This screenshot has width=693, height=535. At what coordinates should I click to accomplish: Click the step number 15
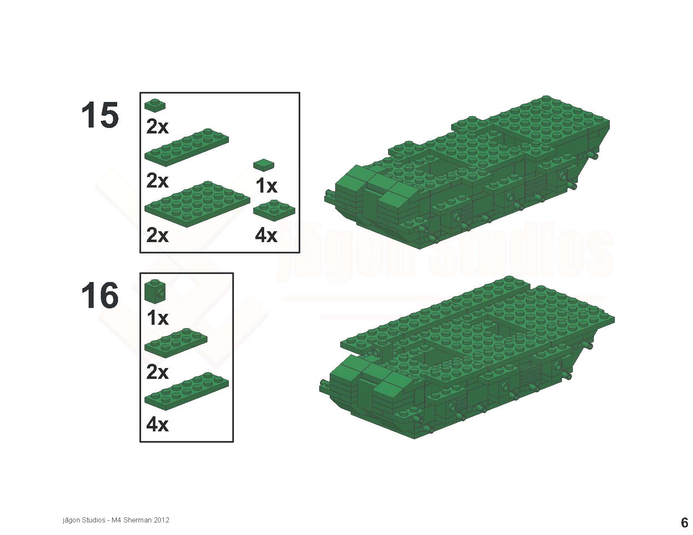click(x=100, y=115)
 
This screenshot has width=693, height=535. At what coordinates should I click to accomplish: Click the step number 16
click(x=100, y=295)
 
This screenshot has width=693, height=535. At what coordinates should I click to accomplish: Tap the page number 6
click(x=684, y=522)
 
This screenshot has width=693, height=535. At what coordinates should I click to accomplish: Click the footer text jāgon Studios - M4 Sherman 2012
click(x=116, y=520)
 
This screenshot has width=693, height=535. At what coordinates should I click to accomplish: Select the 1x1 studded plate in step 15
click(x=155, y=105)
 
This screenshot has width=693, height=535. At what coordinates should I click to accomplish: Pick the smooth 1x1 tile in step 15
click(x=264, y=164)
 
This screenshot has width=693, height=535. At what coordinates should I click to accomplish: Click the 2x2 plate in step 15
click(x=274, y=210)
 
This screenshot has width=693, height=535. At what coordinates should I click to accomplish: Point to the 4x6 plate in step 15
click(x=197, y=204)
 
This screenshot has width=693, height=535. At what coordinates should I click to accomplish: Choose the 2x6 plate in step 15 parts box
click(x=186, y=147)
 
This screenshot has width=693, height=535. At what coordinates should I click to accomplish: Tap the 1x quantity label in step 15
click(x=267, y=185)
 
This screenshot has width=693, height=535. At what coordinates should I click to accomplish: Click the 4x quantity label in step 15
click(x=266, y=236)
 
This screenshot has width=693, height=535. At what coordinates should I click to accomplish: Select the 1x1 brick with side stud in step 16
click(x=155, y=290)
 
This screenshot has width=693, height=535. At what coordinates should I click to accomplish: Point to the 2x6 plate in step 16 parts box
click(x=186, y=391)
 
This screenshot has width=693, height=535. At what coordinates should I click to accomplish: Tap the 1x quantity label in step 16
click(x=157, y=318)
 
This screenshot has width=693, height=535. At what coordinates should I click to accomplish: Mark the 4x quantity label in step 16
click(x=157, y=425)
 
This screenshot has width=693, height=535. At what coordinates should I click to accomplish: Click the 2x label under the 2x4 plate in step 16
click(x=157, y=372)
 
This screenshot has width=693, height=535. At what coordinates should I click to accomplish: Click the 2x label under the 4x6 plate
click(x=157, y=236)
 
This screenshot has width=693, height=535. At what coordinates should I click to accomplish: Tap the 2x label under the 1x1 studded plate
click(x=157, y=127)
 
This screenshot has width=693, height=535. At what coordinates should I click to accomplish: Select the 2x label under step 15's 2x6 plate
click(x=157, y=181)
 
